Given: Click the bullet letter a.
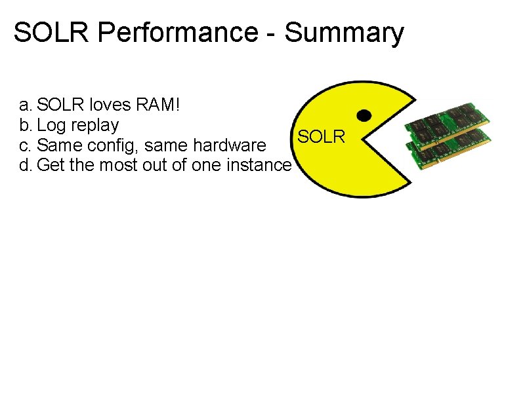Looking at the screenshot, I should (25, 105).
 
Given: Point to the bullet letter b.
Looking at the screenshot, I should (25, 124).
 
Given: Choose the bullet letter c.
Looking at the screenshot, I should (25, 145).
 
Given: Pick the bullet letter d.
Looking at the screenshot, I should (25, 165).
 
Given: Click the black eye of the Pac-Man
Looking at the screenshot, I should (364, 115).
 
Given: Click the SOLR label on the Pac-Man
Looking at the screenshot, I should (321, 137).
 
